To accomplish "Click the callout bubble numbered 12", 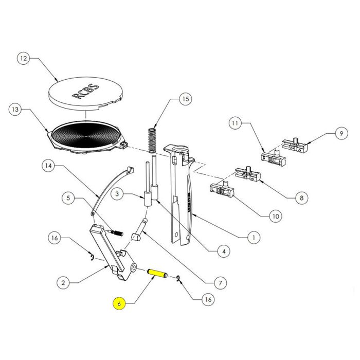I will tap(23, 59).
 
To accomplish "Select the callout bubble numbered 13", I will tap(17, 110).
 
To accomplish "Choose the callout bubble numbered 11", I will tap(236, 123).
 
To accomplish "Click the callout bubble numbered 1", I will tap(253, 238).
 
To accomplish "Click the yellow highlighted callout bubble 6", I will tap(119, 304).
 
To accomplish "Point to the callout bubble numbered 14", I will tap(48, 166).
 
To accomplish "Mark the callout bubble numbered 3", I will tap(118, 194).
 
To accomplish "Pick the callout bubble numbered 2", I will tap(63, 282).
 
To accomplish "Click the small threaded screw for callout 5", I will tap(118, 232).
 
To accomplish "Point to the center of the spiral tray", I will tap(86, 135).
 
